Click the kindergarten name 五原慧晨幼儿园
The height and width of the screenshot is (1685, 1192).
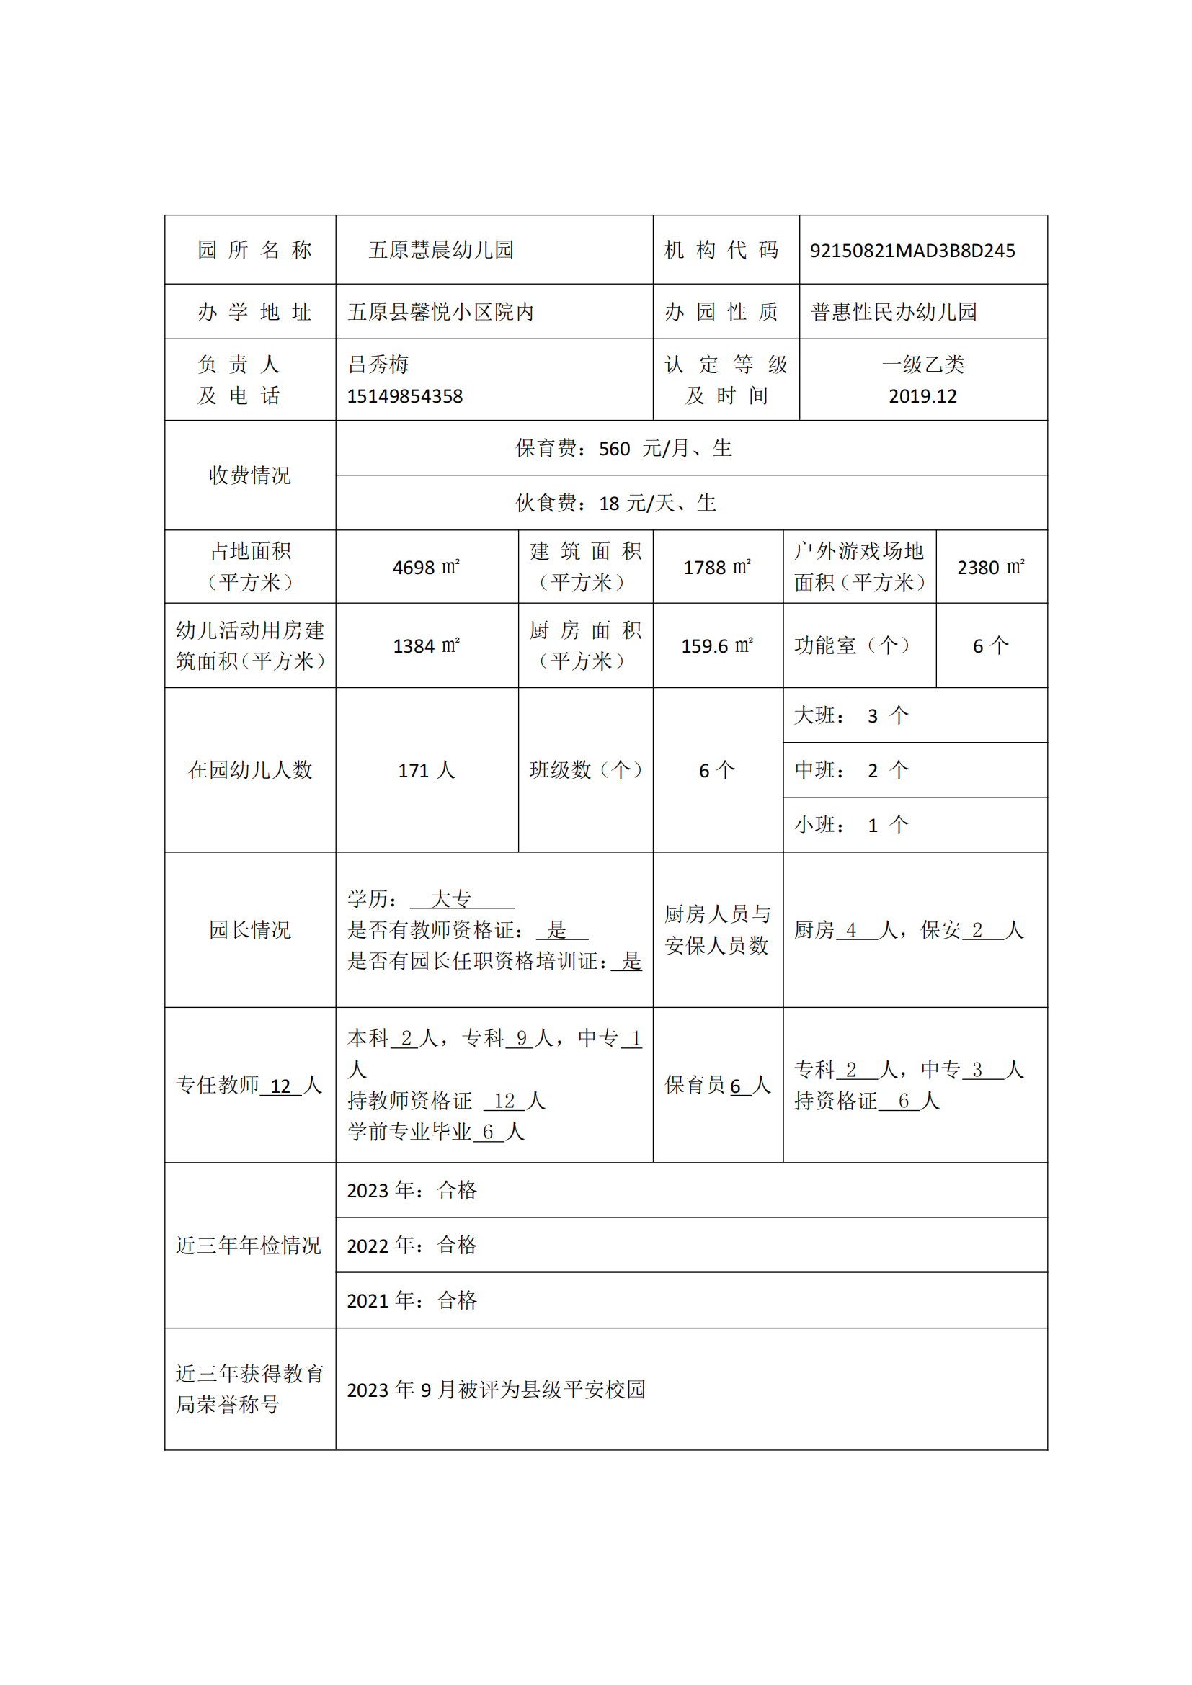tap(440, 250)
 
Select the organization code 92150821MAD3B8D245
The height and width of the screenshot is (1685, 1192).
tap(912, 251)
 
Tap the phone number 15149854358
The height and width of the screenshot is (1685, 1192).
tap(404, 396)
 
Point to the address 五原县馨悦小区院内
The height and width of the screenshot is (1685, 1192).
tap(440, 312)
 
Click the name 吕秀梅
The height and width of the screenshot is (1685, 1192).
tap(378, 365)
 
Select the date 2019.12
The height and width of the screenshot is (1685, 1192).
tap(922, 396)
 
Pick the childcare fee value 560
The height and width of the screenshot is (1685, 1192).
tap(614, 448)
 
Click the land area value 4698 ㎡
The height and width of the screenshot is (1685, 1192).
tap(426, 567)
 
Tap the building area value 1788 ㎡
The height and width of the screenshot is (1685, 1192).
tap(717, 567)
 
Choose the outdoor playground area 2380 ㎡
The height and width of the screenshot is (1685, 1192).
tap(990, 567)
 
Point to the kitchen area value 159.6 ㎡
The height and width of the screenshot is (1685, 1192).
tap(717, 645)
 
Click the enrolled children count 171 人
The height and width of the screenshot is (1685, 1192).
tap(426, 771)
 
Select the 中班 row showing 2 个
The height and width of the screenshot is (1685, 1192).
tap(851, 771)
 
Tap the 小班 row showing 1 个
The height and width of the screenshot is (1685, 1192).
tap(851, 826)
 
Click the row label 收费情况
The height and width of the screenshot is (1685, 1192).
tap(249, 475)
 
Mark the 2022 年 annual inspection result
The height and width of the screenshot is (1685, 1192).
tap(412, 1246)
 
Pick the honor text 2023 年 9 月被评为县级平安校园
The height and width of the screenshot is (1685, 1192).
tap(495, 1390)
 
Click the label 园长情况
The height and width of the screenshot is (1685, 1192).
tap(249, 930)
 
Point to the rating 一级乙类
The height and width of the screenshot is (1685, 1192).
tap(922, 365)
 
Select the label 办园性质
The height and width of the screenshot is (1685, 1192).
tap(721, 312)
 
